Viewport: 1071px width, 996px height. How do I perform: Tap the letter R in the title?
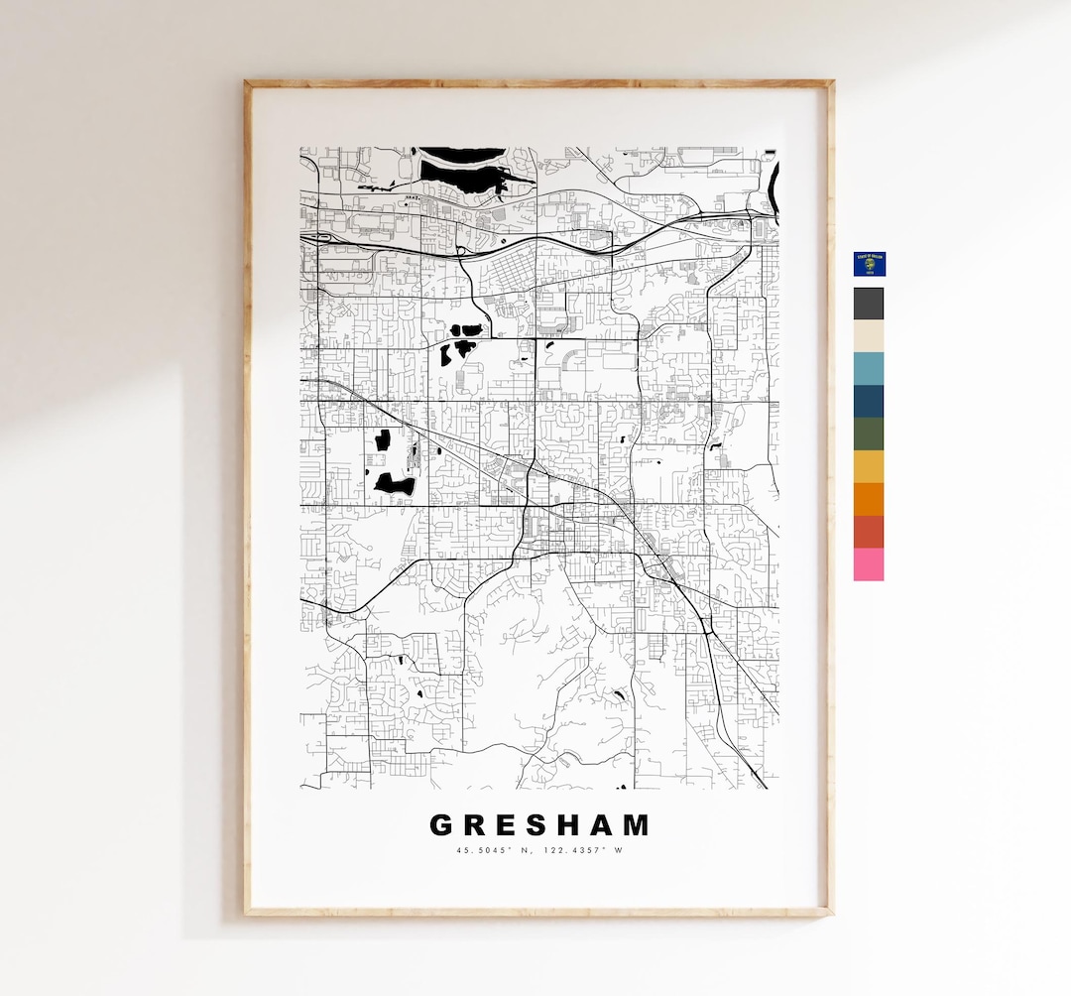coord(476,825)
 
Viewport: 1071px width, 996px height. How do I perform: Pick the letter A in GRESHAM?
coord(606,825)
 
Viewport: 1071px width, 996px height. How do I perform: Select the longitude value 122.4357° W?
coord(588,850)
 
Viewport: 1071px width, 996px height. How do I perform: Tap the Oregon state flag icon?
coord(869,264)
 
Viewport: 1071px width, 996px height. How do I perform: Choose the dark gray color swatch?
coord(869,304)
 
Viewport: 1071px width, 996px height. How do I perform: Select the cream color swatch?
coord(869,336)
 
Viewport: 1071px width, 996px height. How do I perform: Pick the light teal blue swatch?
coord(869,369)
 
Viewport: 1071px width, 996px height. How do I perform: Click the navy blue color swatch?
coord(869,402)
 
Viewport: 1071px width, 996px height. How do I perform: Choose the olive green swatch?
coord(869,435)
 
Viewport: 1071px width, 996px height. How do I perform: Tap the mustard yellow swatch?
coord(869,466)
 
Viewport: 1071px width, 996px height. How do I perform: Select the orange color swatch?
coord(869,499)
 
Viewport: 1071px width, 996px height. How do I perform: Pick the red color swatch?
coord(869,532)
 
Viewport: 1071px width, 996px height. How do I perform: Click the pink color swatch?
coord(869,564)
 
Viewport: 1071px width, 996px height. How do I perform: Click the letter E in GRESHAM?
coord(509,825)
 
